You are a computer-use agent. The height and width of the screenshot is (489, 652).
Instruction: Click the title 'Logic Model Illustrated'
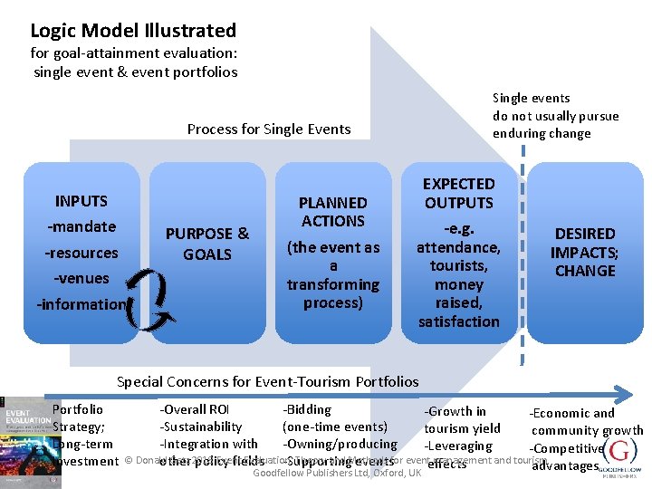pyautogui.click(x=133, y=30)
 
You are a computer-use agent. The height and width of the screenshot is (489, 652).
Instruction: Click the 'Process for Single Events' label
pyautogui.click(x=269, y=129)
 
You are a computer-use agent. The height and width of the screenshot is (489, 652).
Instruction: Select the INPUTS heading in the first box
pyautogui.click(x=81, y=201)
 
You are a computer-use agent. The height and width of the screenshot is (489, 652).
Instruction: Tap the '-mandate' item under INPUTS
pyautogui.click(x=81, y=226)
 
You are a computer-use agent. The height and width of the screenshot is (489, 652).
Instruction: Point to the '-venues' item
pyautogui.click(x=81, y=278)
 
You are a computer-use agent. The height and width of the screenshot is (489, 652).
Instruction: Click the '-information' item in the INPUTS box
pyautogui.click(x=81, y=304)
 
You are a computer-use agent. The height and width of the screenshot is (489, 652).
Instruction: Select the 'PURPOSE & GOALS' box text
pyautogui.click(x=207, y=244)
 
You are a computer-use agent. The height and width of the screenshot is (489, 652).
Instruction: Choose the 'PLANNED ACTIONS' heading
pyautogui.click(x=332, y=212)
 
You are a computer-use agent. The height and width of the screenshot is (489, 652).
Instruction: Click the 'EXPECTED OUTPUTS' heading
pyautogui.click(x=458, y=193)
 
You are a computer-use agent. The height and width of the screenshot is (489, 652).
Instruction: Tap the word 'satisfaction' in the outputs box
pyautogui.click(x=458, y=321)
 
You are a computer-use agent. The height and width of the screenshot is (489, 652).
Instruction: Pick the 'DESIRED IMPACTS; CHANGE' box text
pyautogui.click(x=584, y=252)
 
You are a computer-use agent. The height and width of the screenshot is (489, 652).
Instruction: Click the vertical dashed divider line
pyautogui.click(x=523, y=272)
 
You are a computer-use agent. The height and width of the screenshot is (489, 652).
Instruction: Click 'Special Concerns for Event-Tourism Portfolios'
pyautogui.click(x=268, y=381)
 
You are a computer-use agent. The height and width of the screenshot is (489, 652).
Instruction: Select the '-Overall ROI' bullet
pyautogui.click(x=195, y=410)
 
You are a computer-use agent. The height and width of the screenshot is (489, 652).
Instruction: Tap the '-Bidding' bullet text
pyautogui.click(x=307, y=410)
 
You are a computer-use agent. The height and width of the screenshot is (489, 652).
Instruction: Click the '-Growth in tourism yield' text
pyautogui.click(x=461, y=420)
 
